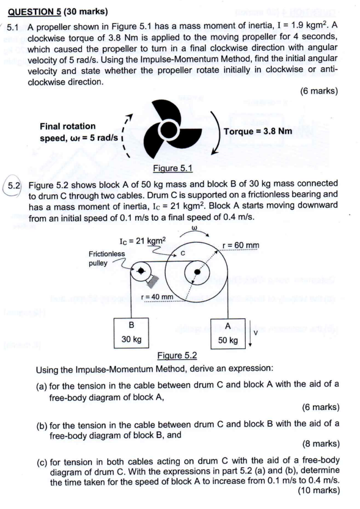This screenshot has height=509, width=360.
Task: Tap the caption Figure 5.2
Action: (178, 355)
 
